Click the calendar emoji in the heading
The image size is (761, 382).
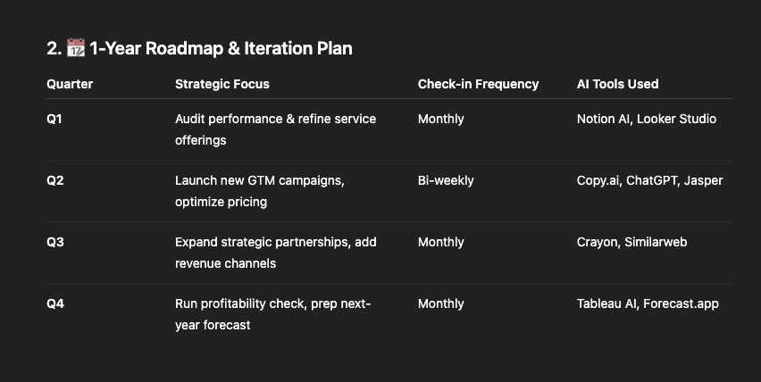coord(76,48)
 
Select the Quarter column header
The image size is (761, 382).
coord(70,84)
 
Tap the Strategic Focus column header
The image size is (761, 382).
coord(222,84)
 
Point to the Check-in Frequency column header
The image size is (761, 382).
coord(478,84)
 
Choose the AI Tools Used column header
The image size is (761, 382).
coord(617,84)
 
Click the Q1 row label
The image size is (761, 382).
coord(54,120)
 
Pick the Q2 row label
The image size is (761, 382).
coord(54,181)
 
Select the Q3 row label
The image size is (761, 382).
coord(54,243)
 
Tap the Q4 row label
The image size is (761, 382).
coord(55,304)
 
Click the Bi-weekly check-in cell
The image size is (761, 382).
coord(446,181)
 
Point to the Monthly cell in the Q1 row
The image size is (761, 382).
coord(440,120)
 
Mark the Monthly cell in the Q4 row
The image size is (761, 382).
coord(440,304)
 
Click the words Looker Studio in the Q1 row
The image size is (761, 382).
coord(676,120)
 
